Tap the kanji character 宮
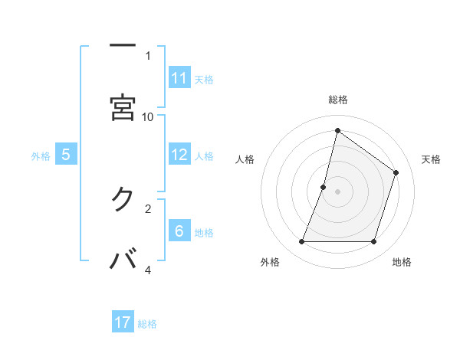tap(123, 107)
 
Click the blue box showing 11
tap(179, 78)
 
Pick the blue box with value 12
tap(179, 155)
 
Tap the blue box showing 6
tap(179, 231)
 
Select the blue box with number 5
tap(66, 155)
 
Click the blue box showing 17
tap(123, 322)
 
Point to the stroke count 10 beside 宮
tap(148, 116)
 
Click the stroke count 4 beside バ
tap(148, 270)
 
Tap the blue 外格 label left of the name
tap(41, 156)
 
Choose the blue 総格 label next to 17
tap(147, 324)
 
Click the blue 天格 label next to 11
tap(204, 80)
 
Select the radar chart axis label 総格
tap(337, 100)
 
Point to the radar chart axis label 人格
tap(245, 159)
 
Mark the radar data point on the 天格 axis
tap(396, 172)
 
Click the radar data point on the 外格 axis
tap(301, 242)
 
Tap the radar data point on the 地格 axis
tap(374, 242)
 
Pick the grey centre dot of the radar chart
tap(337, 191)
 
